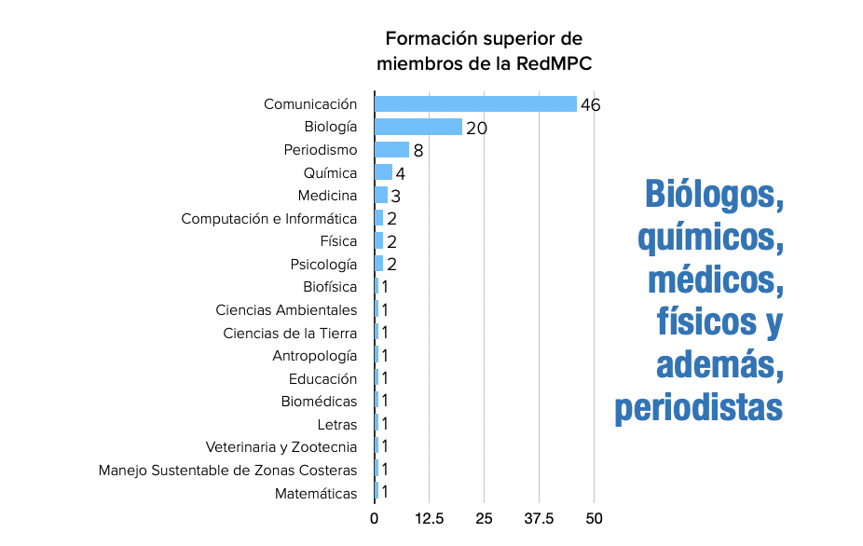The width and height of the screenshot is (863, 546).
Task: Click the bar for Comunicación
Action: [475, 103]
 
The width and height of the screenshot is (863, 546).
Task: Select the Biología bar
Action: [418, 127]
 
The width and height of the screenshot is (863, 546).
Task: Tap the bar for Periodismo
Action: [391, 149]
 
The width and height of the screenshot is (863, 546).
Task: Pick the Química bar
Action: [383, 172]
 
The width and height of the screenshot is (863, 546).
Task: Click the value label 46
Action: [590, 105]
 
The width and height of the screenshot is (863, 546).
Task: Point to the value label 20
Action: [476, 129]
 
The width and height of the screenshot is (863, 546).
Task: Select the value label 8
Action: [418, 151]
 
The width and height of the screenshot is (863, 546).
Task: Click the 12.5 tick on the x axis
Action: [429, 518]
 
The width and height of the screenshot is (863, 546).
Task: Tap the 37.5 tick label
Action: [539, 518]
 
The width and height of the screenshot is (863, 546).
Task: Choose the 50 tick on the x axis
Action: [594, 518]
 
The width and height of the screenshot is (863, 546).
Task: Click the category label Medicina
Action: [327, 196]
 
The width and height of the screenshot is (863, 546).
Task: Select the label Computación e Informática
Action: [269, 219]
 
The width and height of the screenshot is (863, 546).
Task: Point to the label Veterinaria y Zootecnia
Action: [281, 447]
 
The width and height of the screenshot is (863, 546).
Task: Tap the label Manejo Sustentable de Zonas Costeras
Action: [228, 471]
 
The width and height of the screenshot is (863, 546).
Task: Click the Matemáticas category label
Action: [316, 493]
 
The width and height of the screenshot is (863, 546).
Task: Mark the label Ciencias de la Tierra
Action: [290, 334]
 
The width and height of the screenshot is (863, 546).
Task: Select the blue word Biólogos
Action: [713, 195]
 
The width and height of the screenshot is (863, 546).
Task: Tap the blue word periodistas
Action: [698, 407]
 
